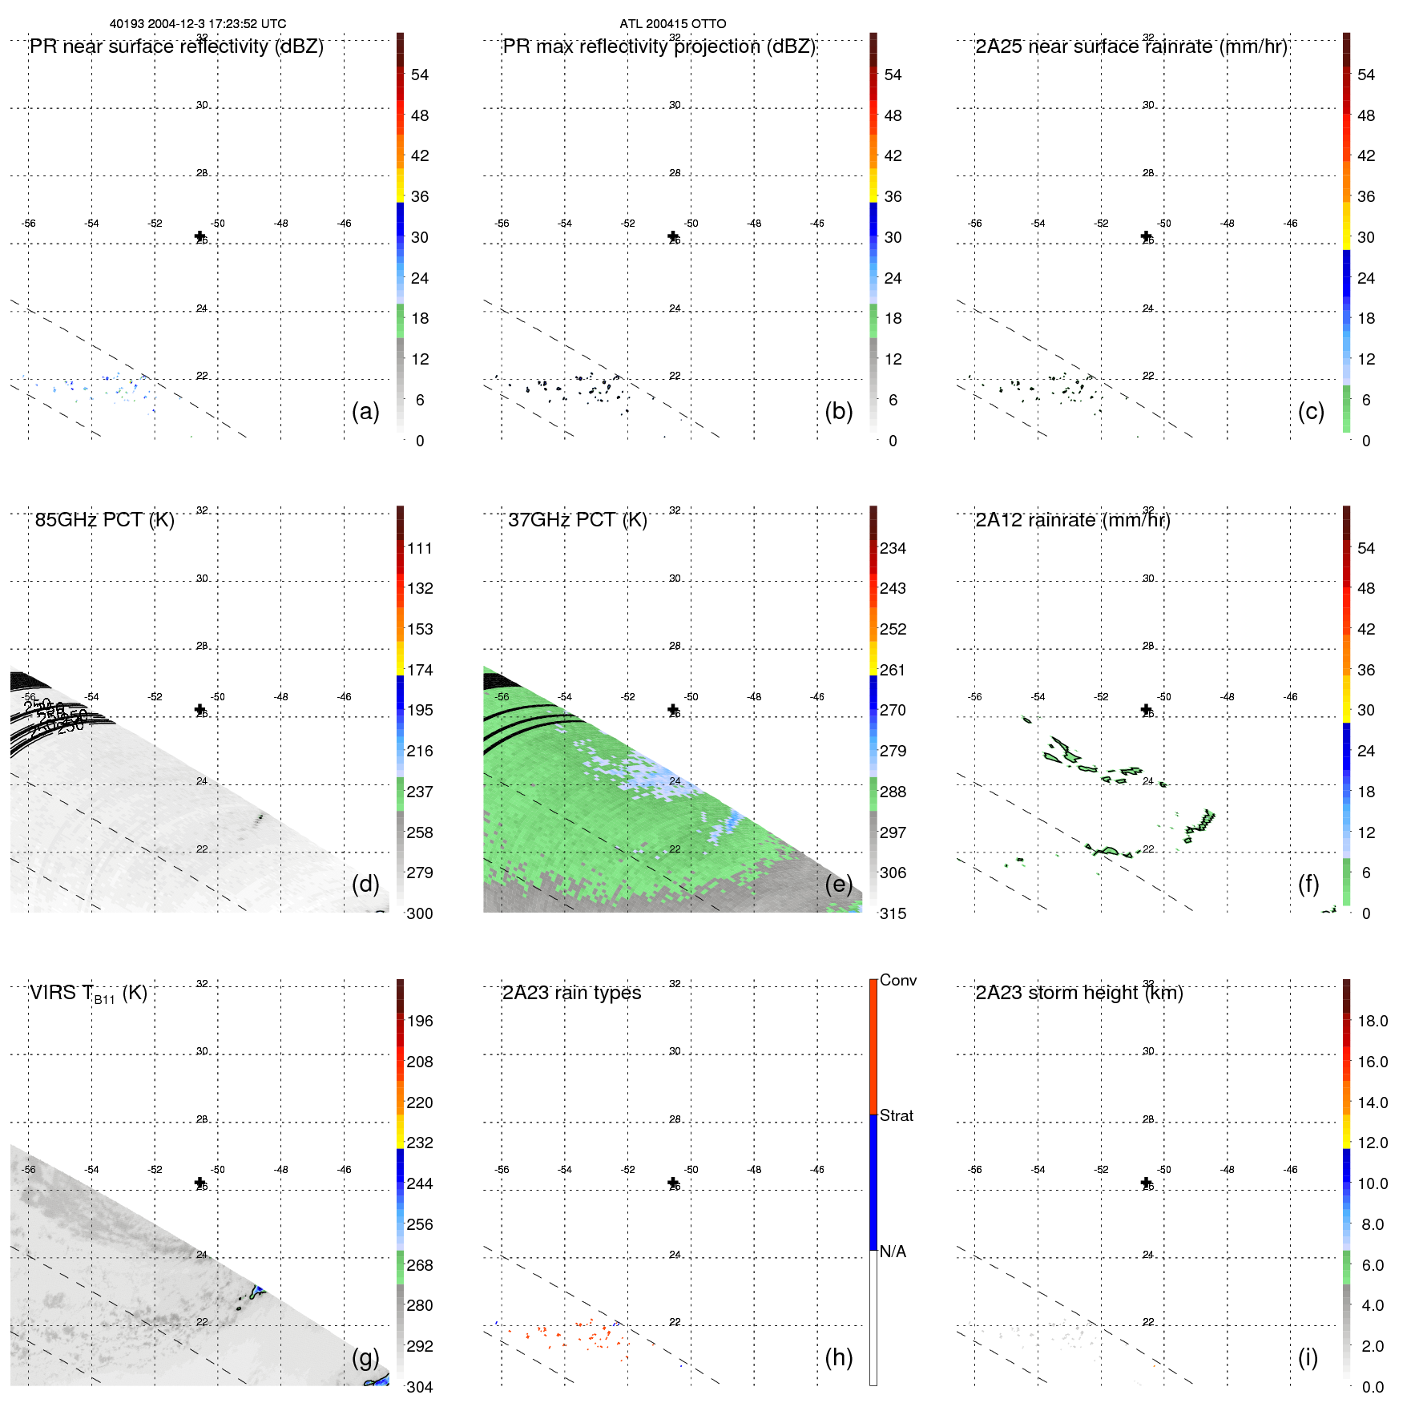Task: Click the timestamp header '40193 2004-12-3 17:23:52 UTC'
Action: coord(197,24)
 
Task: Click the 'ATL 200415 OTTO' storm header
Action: coord(672,24)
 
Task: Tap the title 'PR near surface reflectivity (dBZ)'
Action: coord(176,46)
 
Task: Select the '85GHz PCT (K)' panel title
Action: coord(104,520)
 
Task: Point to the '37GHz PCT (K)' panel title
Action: coord(577,520)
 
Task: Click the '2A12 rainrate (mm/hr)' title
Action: coord(1072,520)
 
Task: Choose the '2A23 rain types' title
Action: coord(571,993)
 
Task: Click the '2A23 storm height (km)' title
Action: coord(1078,993)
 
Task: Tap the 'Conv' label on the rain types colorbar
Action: coord(897,980)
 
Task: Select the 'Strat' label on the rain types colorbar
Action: coord(896,1115)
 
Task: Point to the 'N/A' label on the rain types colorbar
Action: coord(893,1252)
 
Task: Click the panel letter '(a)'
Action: coord(365,411)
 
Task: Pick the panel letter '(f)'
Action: coord(1308,884)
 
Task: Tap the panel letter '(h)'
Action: coord(838,1357)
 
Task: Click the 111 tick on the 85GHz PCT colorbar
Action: coord(419,548)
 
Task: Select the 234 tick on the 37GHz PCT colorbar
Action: coord(893,548)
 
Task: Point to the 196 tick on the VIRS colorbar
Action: coord(419,1021)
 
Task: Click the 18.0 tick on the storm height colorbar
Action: coord(1373,1021)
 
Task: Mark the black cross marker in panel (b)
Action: coord(673,236)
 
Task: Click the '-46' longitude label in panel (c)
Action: coord(1290,224)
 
